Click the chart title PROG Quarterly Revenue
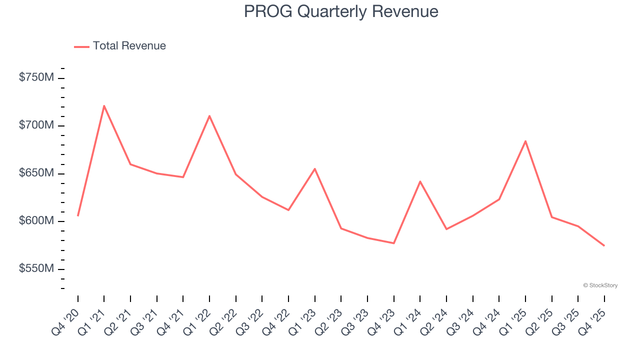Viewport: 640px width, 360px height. [341, 11]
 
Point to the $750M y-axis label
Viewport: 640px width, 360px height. [36, 77]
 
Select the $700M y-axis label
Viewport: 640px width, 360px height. [36, 125]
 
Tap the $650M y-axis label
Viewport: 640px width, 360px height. [36, 173]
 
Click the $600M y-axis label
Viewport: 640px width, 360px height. [36, 221]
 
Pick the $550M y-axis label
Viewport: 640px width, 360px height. [36, 269]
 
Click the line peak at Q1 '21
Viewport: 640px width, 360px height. [104, 105]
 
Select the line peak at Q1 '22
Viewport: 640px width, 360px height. [209, 115]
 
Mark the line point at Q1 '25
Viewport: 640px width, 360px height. [525, 141]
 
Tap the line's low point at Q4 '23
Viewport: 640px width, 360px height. [394, 243]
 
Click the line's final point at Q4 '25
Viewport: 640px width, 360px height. [604, 245]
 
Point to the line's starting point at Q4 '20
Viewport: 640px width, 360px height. [78, 215]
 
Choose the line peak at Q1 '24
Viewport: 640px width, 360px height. [420, 181]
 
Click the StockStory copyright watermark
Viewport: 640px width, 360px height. [600, 285]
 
